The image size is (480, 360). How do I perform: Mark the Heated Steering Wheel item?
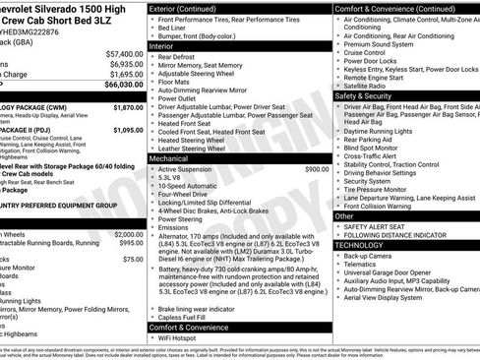click(196, 141)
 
